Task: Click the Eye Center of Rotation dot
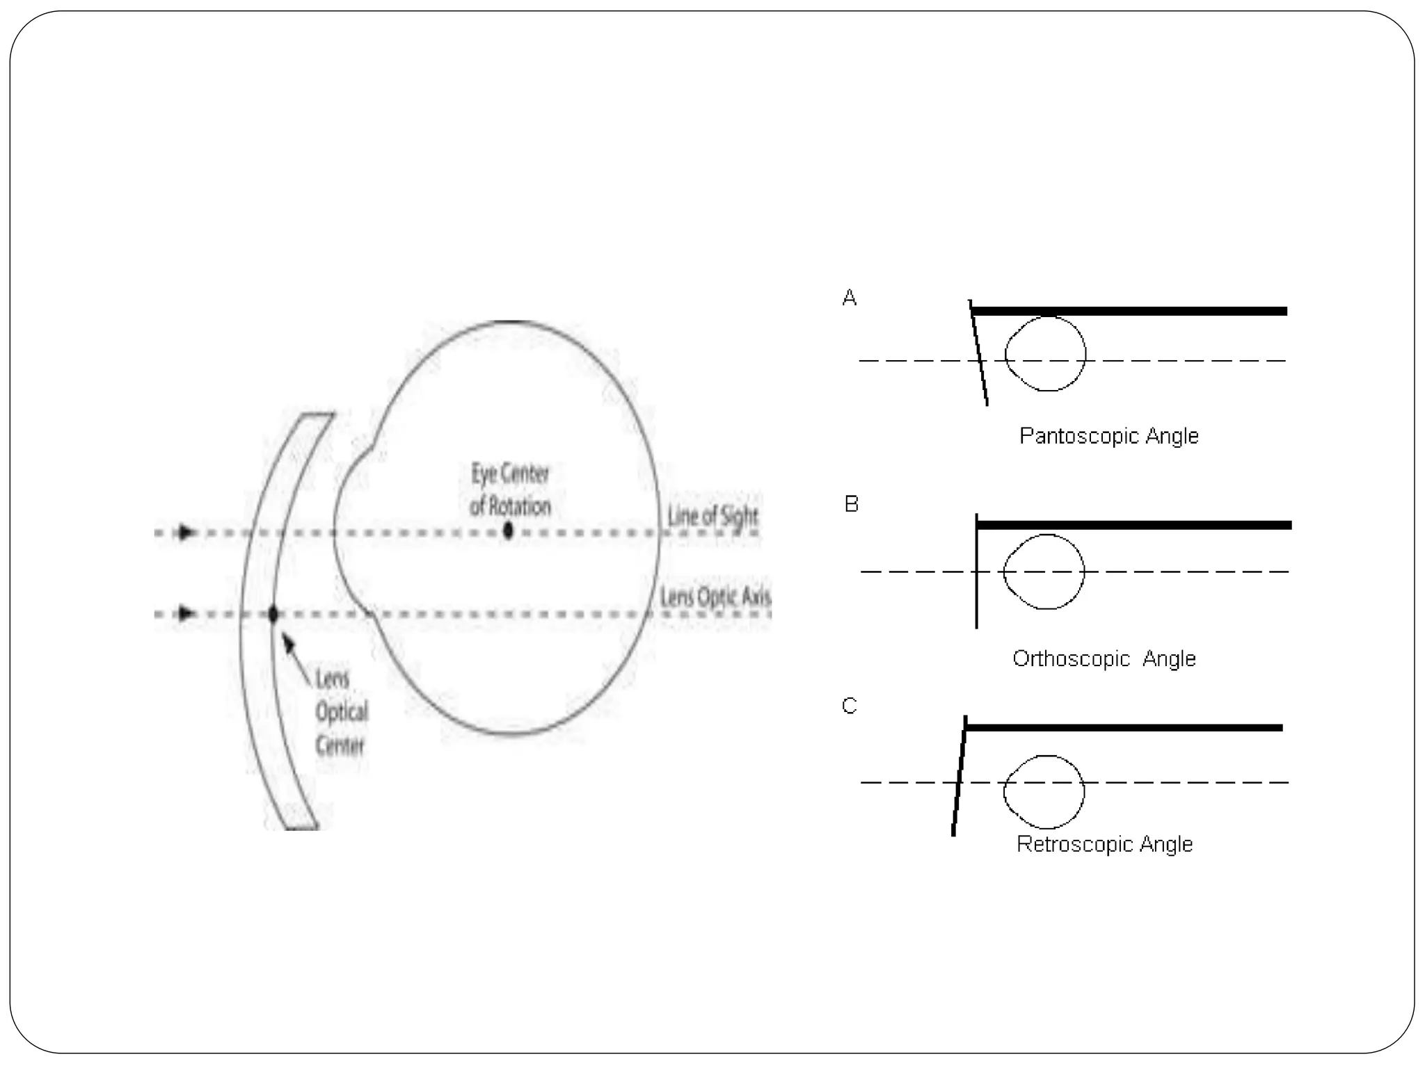509,531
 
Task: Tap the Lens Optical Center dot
273,615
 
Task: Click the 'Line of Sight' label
712,516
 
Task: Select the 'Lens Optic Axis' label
715,597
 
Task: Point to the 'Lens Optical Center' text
341,711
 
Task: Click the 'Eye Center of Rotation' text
510,489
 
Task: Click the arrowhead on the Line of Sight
186,533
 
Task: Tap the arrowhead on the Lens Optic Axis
186,613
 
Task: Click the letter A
850,298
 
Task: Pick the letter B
852,503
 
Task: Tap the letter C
850,706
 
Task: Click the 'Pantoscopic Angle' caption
1108,436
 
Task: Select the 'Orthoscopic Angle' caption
1104,658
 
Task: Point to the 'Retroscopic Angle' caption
1104,844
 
